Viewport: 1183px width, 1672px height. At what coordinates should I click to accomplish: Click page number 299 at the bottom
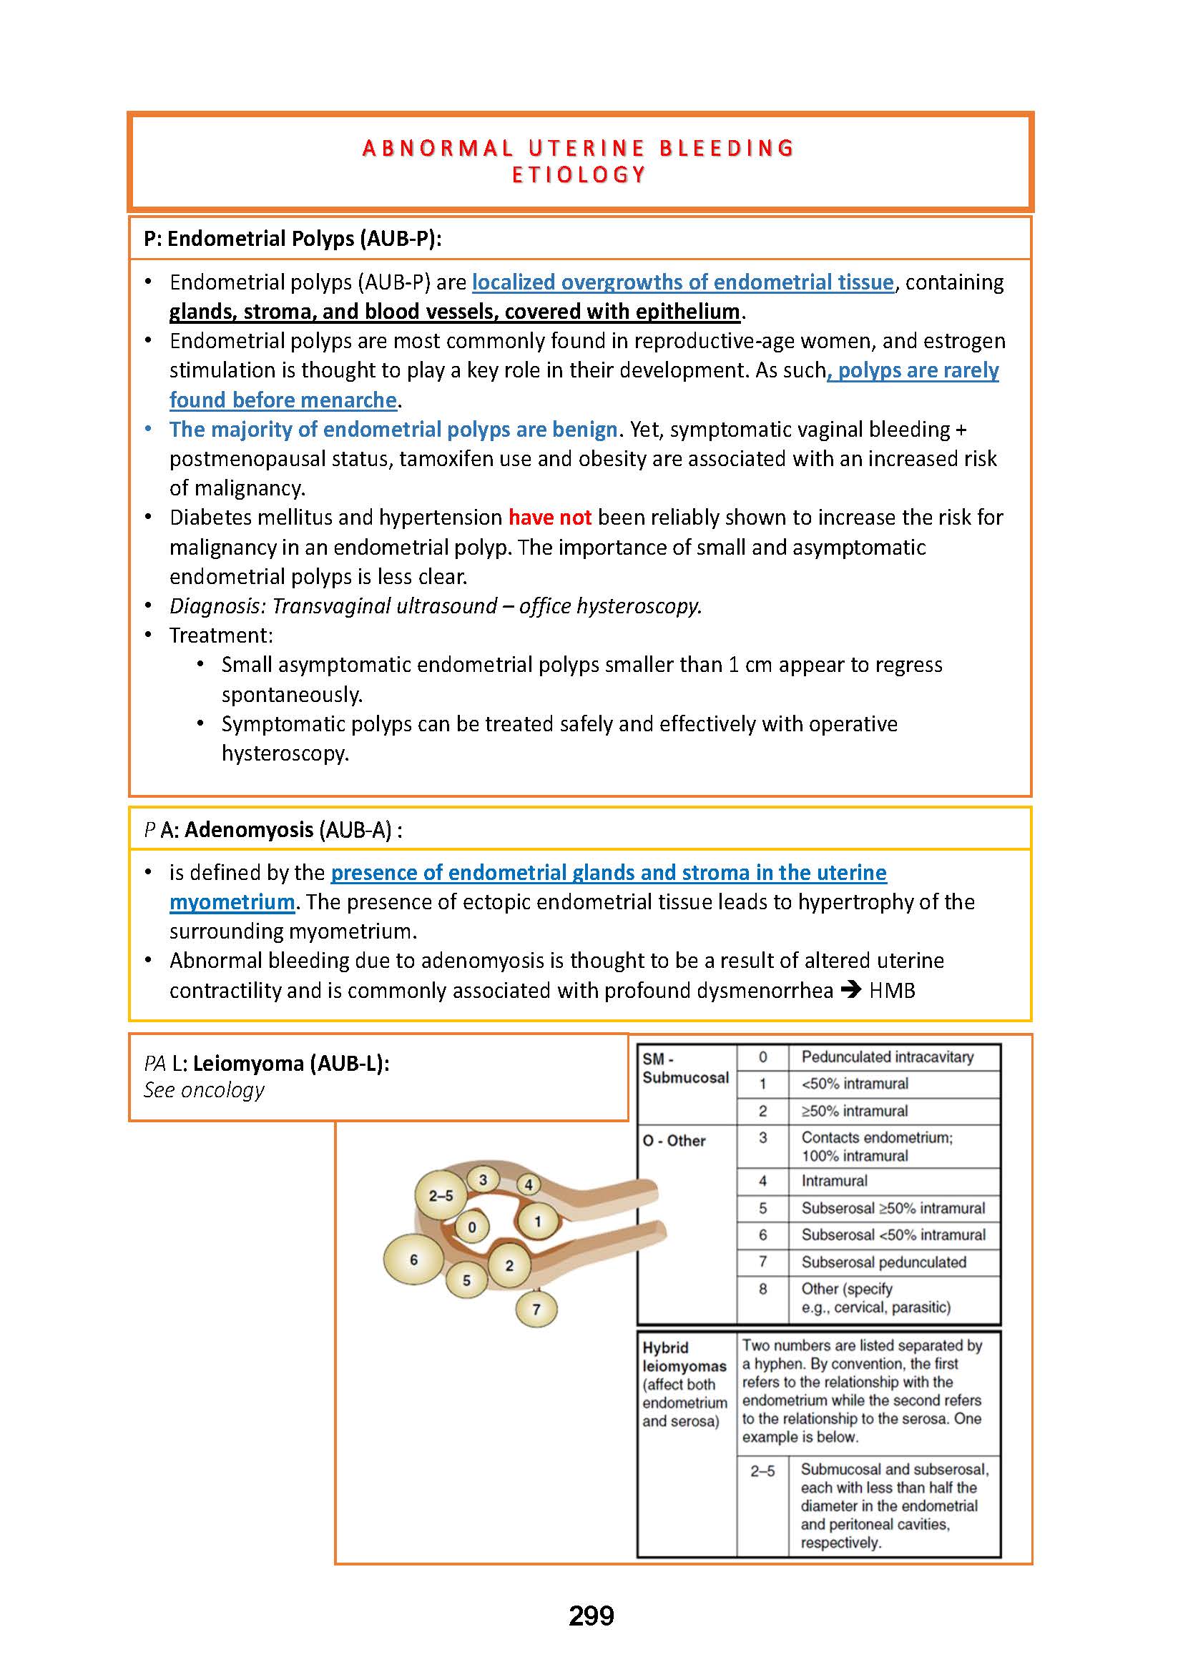(591, 1616)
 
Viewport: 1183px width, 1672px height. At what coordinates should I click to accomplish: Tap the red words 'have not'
(549, 518)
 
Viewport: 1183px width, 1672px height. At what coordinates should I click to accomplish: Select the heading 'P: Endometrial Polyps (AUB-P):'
(292, 239)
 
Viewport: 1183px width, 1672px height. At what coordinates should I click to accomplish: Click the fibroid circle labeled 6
(413, 1260)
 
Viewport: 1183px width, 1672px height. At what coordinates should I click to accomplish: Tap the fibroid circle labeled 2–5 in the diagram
(441, 1195)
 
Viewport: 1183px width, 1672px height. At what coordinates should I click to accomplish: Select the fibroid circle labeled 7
(536, 1310)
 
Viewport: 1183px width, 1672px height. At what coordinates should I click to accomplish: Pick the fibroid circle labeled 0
(472, 1227)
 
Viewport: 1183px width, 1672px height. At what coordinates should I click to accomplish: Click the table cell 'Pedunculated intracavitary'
(887, 1057)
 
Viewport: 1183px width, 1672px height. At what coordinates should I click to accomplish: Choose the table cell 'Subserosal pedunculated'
(883, 1262)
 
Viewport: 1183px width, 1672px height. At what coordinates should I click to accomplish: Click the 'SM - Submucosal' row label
(684, 1068)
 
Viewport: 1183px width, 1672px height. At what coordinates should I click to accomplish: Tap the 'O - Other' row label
(674, 1141)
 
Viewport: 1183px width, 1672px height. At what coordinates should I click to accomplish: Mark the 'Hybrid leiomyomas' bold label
(684, 1357)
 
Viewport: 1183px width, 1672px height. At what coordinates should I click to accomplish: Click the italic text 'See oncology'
(204, 1090)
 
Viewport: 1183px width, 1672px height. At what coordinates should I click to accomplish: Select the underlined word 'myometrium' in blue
(232, 902)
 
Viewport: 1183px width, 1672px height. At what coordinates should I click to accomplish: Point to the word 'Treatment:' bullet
(222, 635)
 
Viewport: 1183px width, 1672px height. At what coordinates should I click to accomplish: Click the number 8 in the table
(762, 1289)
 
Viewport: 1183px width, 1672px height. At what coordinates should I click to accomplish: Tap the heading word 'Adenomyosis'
(248, 829)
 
